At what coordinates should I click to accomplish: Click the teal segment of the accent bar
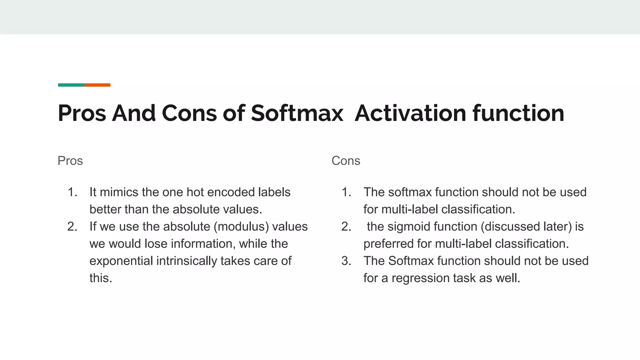click(x=71, y=85)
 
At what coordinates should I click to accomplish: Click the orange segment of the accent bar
click(x=97, y=85)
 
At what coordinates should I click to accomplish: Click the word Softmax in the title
click(x=297, y=113)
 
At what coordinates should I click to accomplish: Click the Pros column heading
click(x=70, y=161)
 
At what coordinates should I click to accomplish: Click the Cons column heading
click(x=346, y=161)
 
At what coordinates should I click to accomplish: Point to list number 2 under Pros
click(x=72, y=227)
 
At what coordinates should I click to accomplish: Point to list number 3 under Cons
click(x=346, y=261)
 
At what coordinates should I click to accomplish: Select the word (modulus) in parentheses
click(x=241, y=227)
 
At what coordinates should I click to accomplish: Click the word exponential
click(x=121, y=261)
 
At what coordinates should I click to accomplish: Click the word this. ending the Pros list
click(x=101, y=278)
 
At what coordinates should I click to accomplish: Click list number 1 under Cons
click(x=346, y=192)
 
